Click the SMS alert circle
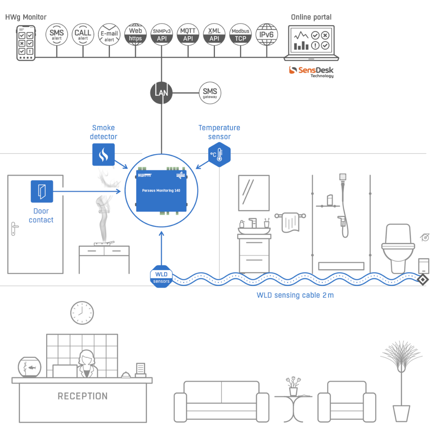point(57,34)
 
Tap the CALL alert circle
point(83,34)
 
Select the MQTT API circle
point(188,34)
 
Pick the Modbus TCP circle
point(241,34)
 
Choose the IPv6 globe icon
point(267,34)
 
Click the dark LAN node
point(161,93)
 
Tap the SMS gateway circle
point(210,93)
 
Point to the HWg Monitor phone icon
point(26,43)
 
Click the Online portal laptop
point(311,43)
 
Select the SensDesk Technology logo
point(311,72)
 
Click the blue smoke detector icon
point(104,155)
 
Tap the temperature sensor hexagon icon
point(219,155)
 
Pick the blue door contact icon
point(42,191)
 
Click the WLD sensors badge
point(161,277)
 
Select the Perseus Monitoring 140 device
point(161,190)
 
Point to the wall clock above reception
point(82,313)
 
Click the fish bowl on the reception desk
point(29,367)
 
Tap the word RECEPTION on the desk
point(83,396)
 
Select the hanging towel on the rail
point(291,222)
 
